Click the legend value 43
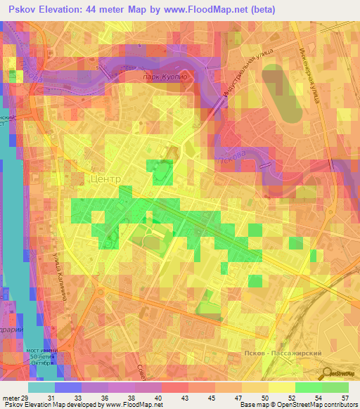pyautogui.click(x=184, y=398)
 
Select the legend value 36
pyautogui.click(x=105, y=398)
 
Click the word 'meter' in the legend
pyautogui.click(x=11, y=398)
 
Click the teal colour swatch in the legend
pyautogui.click(x=41, y=387)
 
